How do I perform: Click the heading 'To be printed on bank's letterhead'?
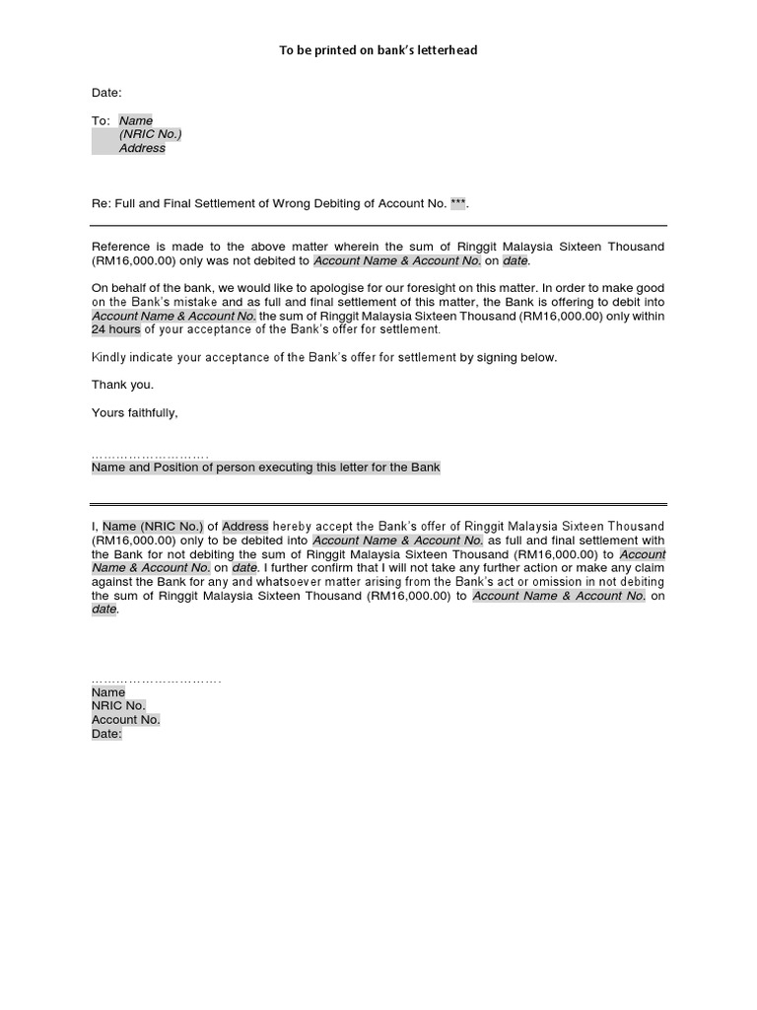[378, 50]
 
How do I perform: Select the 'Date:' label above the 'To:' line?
[106, 93]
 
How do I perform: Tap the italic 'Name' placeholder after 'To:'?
[136, 120]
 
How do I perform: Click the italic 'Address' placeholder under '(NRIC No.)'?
[142, 148]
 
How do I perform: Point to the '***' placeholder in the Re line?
[457, 204]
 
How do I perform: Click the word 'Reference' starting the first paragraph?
[121, 247]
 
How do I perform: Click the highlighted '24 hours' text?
[116, 329]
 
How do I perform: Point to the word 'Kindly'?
[109, 357]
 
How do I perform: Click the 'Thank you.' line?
[122, 385]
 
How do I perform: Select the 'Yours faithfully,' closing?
[135, 412]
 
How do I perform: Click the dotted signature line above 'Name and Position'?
[150, 456]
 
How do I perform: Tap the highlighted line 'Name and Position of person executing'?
[266, 468]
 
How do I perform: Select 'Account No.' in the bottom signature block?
[125, 720]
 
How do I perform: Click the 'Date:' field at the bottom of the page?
[106, 734]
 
